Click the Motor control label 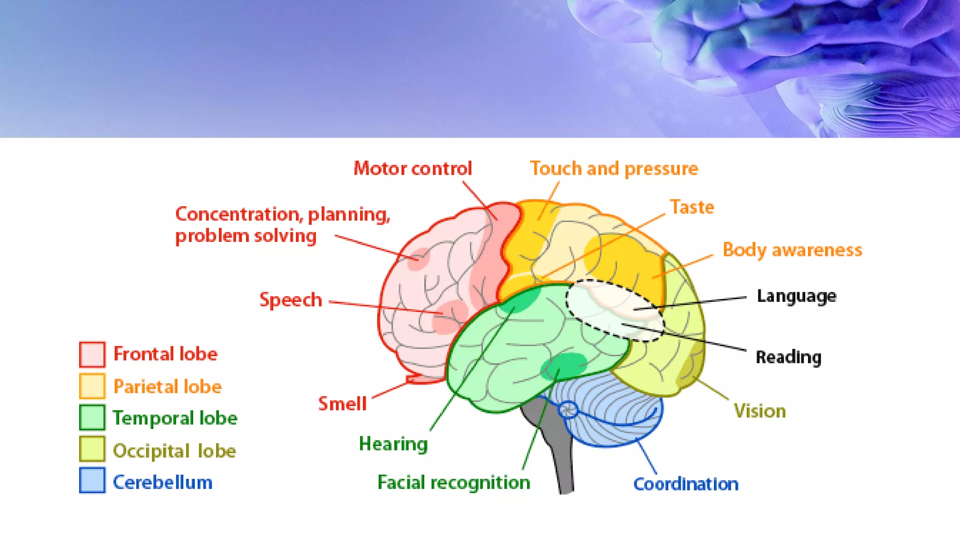coord(412,169)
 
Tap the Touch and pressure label coord(614,169)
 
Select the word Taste coord(691,207)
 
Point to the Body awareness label coord(792,250)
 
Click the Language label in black coord(796,296)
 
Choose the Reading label coord(788,357)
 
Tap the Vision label coord(759,411)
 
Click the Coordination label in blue coord(685,484)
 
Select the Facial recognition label coord(453,482)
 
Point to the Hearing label coord(393,443)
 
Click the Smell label coord(342,404)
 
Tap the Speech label coord(291,300)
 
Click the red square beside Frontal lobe coord(92,354)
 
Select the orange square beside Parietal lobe coord(92,386)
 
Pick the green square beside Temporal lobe coord(92,418)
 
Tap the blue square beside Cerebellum coord(92,480)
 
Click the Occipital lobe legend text coord(174,451)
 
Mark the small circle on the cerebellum coord(568,410)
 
